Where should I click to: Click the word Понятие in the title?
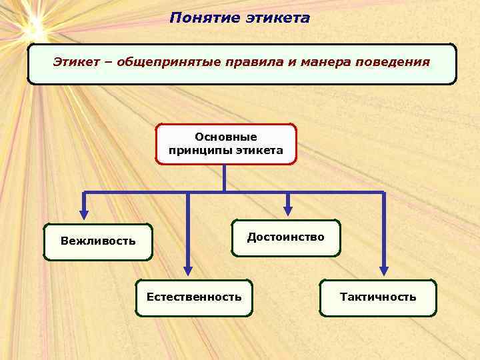tap(196, 18)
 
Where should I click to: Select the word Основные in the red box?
tap(226, 137)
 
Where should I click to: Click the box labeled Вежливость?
tap(97, 241)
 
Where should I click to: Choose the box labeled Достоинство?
tap(285, 237)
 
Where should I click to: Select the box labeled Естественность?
tap(194, 297)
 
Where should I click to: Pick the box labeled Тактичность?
tap(378, 297)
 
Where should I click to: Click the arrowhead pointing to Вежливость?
tap(84, 214)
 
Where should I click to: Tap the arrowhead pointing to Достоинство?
tap(288, 211)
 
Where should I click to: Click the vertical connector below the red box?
tap(225, 178)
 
